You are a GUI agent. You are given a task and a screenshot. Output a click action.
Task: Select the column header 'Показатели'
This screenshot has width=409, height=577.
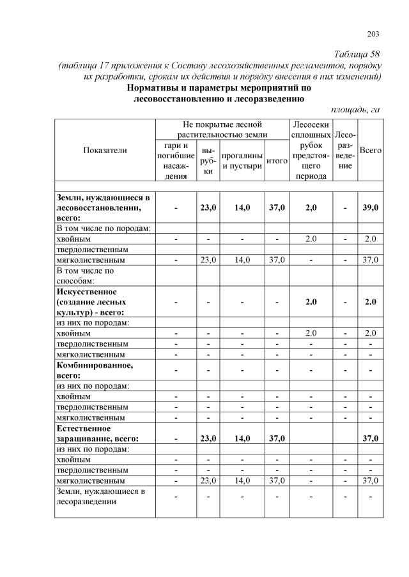pos(105,150)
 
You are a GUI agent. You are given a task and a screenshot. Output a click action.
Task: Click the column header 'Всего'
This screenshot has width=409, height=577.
pos(371,150)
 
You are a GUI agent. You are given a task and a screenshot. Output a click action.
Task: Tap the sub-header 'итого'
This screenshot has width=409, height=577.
pos(276,161)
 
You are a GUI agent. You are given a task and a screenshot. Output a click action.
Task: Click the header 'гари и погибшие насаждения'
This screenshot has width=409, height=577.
pos(176,161)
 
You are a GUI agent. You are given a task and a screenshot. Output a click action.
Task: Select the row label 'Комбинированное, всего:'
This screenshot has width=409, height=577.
pos(95,370)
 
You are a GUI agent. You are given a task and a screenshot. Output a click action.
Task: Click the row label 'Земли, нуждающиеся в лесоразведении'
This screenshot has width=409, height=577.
pos(101,496)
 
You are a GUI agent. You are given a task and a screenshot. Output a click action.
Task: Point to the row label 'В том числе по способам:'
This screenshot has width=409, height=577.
pos(86,275)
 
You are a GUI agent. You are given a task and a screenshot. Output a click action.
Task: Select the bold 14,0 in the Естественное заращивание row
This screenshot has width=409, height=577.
pos(242,438)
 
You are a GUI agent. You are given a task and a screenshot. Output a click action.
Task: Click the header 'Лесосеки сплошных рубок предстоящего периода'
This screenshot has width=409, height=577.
pos(311,150)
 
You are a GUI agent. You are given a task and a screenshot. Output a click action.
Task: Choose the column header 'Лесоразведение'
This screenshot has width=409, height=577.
pos(345,150)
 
